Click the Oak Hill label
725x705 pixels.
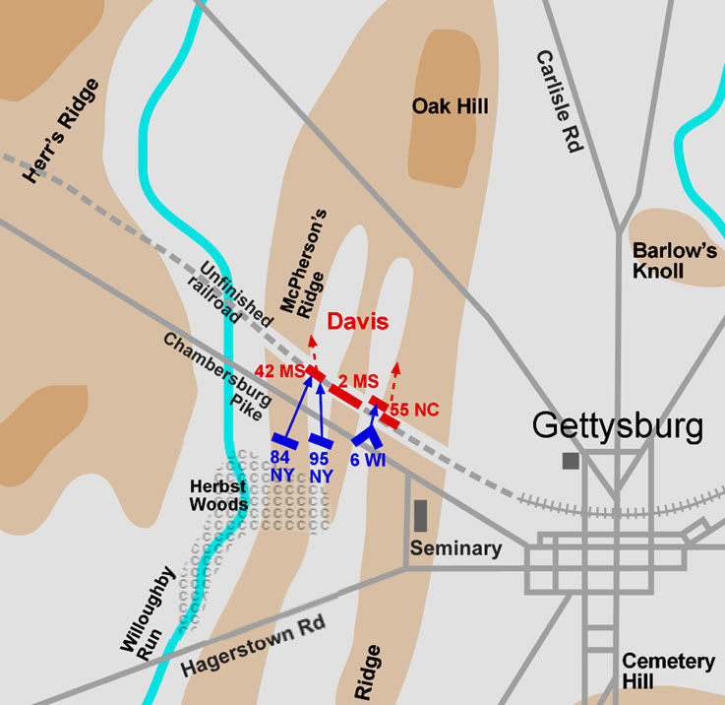(x=450, y=106)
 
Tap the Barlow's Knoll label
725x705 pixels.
(x=675, y=260)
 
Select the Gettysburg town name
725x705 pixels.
(x=618, y=427)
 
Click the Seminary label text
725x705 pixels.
(x=456, y=548)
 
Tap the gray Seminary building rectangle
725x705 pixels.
(x=421, y=516)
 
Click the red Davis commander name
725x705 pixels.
(x=357, y=321)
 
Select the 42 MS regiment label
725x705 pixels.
(x=277, y=371)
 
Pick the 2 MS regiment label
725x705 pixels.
(x=358, y=381)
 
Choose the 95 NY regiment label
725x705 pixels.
(x=320, y=465)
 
